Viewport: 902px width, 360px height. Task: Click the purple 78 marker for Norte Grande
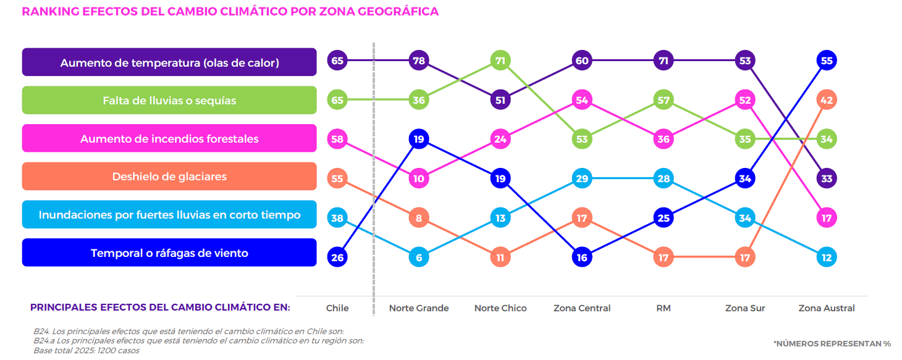click(x=419, y=61)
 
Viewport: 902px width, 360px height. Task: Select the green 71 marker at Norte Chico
click(x=500, y=61)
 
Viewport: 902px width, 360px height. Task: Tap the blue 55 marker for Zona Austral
click(x=827, y=61)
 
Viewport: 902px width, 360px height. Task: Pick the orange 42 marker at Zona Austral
click(x=827, y=99)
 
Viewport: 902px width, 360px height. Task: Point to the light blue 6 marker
click(x=419, y=257)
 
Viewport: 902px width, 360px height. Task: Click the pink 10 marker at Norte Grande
click(x=419, y=178)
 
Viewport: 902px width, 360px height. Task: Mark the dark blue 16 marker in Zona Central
click(x=582, y=257)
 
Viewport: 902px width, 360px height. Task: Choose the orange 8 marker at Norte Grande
click(x=419, y=218)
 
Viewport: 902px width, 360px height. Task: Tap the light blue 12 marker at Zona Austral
click(x=827, y=257)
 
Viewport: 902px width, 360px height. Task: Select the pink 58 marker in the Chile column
click(x=337, y=139)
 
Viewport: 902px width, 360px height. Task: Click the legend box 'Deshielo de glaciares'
click(x=169, y=177)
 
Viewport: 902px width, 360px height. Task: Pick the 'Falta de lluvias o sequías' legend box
click(x=169, y=100)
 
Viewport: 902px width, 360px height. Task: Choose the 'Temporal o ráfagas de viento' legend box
click(x=169, y=253)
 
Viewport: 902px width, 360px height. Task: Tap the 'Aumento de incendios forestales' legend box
click(x=169, y=138)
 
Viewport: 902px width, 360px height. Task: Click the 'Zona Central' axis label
click(x=582, y=308)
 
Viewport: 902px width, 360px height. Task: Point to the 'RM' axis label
click(x=664, y=308)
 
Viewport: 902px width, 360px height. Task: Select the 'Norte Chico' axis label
click(x=500, y=308)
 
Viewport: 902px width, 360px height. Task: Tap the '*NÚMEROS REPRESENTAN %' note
click(x=832, y=343)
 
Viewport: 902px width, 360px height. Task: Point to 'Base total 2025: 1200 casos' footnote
click(x=86, y=351)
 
